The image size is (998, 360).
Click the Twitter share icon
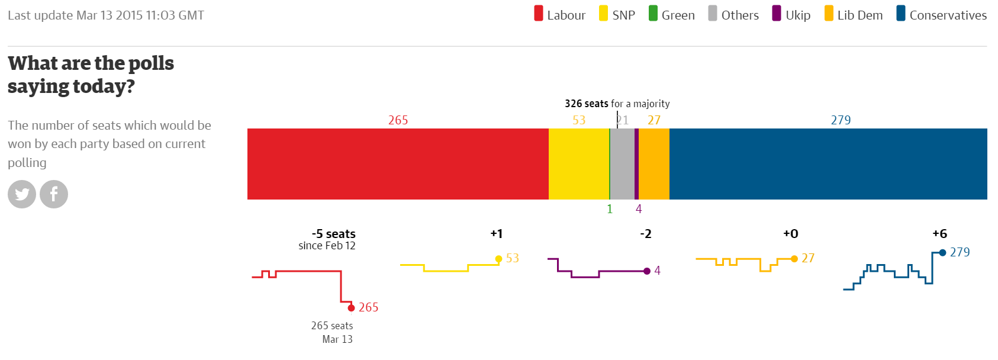22,194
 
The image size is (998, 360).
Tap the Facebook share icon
54,194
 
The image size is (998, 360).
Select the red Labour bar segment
398,164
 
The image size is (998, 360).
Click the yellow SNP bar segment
579,164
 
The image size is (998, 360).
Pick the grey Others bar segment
622,164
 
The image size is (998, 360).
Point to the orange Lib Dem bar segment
654,164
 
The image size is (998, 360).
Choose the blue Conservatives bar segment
828,164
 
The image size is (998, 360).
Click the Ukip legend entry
791,15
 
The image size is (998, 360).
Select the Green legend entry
672,15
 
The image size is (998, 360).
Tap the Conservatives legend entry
941,15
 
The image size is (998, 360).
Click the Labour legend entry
559,15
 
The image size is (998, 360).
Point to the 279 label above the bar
841,120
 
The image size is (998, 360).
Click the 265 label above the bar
398,120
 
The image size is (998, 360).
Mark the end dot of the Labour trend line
351,308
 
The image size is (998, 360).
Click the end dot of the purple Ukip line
647,271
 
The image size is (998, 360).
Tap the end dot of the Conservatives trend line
942,253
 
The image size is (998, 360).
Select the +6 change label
939,234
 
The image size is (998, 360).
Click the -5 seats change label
333,234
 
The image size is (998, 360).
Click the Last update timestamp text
106,15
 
